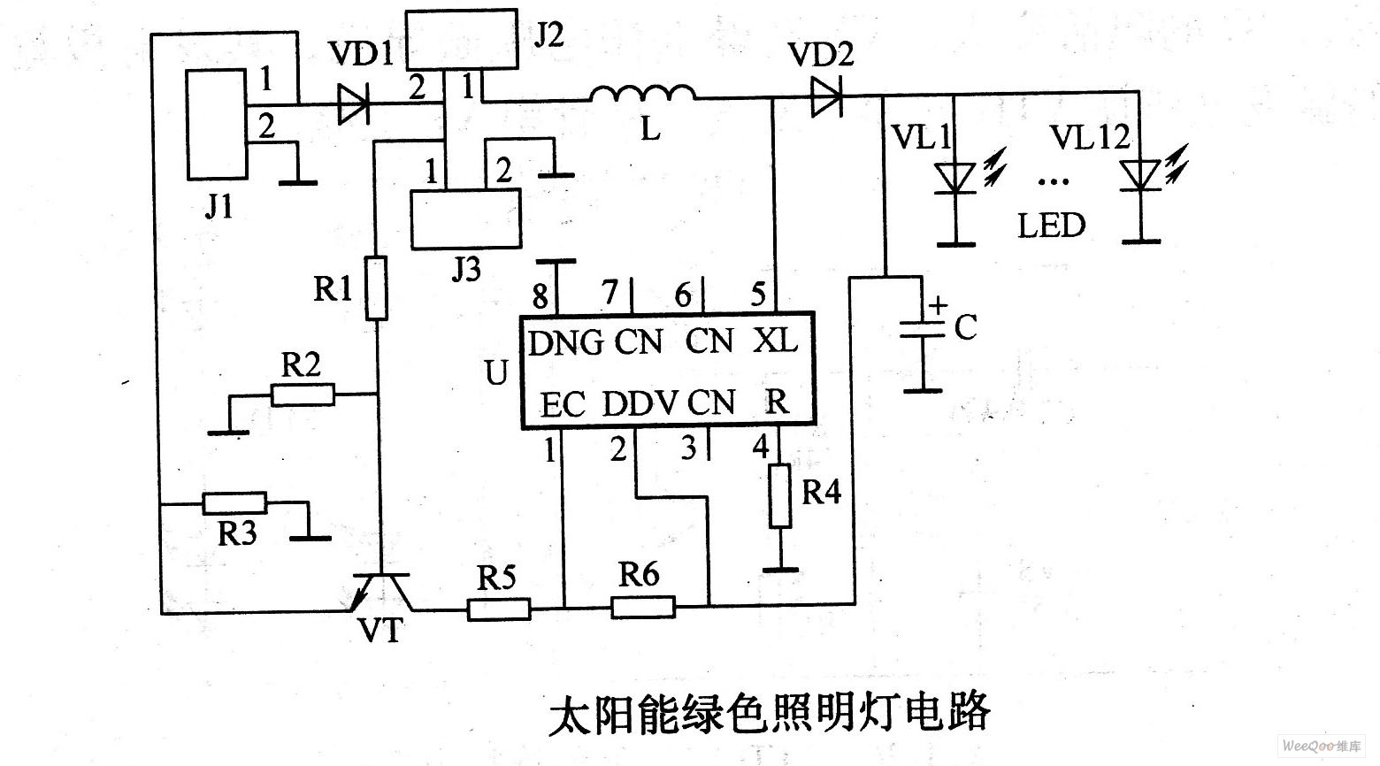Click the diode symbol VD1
click(x=354, y=109)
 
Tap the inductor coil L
click(x=642, y=94)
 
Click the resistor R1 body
click(x=377, y=288)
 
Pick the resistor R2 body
click(x=303, y=394)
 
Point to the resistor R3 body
click(x=234, y=503)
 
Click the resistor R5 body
click(x=499, y=609)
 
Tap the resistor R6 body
click(x=642, y=607)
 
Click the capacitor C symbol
click(x=922, y=332)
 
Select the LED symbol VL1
click(x=955, y=177)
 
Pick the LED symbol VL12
click(x=1140, y=175)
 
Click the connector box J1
click(x=216, y=125)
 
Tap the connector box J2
click(x=461, y=40)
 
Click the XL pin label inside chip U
click(x=775, y=341)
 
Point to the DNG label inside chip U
click(x=566, y=342)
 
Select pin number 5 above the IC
click(x=757, y=295)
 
